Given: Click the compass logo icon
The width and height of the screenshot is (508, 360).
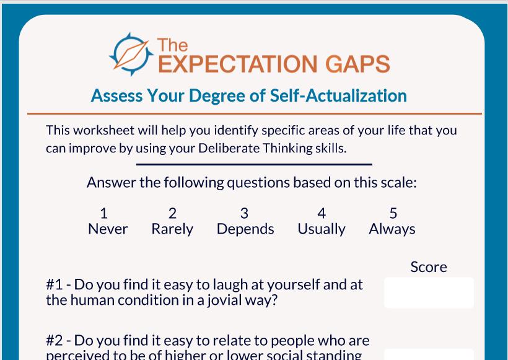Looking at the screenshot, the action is [131, 55].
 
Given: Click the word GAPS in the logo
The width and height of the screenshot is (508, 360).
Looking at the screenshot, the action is [357, 64].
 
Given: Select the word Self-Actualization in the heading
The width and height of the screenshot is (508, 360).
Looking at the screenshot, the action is [338, 95].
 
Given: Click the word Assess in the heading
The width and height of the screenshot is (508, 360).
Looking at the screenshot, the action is [117, 96].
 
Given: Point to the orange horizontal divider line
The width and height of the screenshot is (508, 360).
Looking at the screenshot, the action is [255, 114].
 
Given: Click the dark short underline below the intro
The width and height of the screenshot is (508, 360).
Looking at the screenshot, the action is [254, 165].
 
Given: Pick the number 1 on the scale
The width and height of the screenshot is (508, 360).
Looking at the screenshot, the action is [104, 213].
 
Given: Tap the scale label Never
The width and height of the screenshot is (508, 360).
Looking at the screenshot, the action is [108, 229].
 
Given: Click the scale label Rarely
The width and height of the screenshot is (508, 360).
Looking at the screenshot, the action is [172, 229].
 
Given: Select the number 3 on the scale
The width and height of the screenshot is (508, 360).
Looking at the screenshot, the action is [244, 213].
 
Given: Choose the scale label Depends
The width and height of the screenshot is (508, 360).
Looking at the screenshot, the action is [245, 229].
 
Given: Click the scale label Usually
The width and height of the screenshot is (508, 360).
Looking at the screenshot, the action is [322, 229].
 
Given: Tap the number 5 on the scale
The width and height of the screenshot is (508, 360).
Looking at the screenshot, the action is [393, 213].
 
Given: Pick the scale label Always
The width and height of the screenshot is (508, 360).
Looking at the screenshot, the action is [392, 229].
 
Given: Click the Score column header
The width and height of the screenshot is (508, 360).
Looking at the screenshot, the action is [429, 267].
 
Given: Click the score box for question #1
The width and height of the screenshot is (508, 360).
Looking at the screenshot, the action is [429, 292].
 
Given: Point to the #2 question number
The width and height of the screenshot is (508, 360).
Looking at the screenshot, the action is [54, 341].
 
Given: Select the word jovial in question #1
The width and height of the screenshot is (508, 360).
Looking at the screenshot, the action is [224, 301].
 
